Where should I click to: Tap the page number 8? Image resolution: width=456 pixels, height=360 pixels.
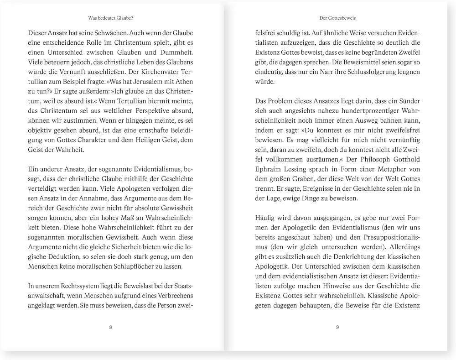(x=111, y=327)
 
